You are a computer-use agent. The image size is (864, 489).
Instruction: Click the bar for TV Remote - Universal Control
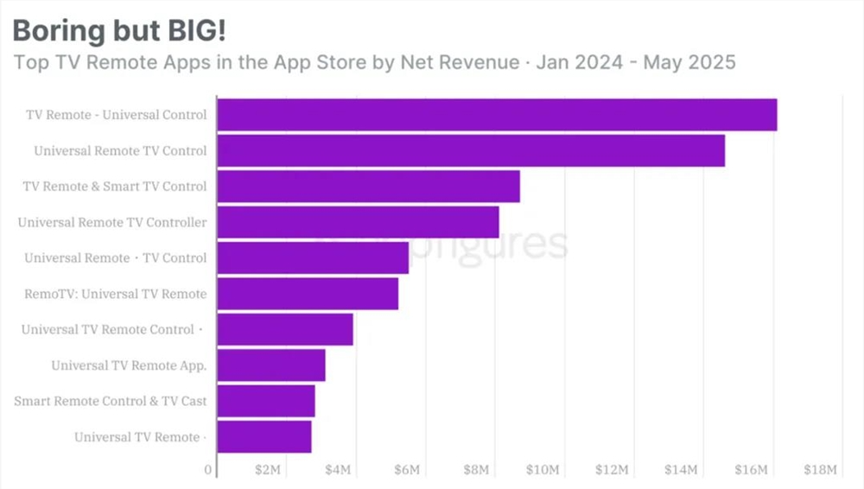[497, 115]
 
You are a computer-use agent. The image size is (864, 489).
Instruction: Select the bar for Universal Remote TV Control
[471, 151]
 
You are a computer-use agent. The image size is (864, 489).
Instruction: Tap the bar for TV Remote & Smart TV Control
[368, 187]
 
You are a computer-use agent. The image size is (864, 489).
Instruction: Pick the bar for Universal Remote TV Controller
[358, 222]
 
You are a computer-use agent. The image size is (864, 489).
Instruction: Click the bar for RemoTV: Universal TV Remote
[308, 294]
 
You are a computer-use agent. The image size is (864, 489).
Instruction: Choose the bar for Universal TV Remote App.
[271, 365]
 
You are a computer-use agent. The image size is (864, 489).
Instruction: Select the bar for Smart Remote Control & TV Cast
[266, 402]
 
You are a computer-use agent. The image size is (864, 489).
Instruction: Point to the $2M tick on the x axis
[268, 470]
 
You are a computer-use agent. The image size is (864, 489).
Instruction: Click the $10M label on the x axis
[543, 470]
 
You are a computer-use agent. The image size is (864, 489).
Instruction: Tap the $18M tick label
[819, 470]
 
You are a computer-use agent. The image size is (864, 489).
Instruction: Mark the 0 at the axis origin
[208, 470]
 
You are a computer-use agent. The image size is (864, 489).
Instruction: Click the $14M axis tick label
[681, 470]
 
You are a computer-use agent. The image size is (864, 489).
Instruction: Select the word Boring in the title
[55, 30]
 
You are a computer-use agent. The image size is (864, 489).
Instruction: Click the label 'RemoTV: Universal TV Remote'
[116, 294]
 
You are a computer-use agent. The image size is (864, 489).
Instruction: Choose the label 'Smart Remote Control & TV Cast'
[111, 402]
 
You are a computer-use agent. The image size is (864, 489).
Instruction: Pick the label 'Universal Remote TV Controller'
[112, 222]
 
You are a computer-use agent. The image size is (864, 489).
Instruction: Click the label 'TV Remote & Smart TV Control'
[115, 187]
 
